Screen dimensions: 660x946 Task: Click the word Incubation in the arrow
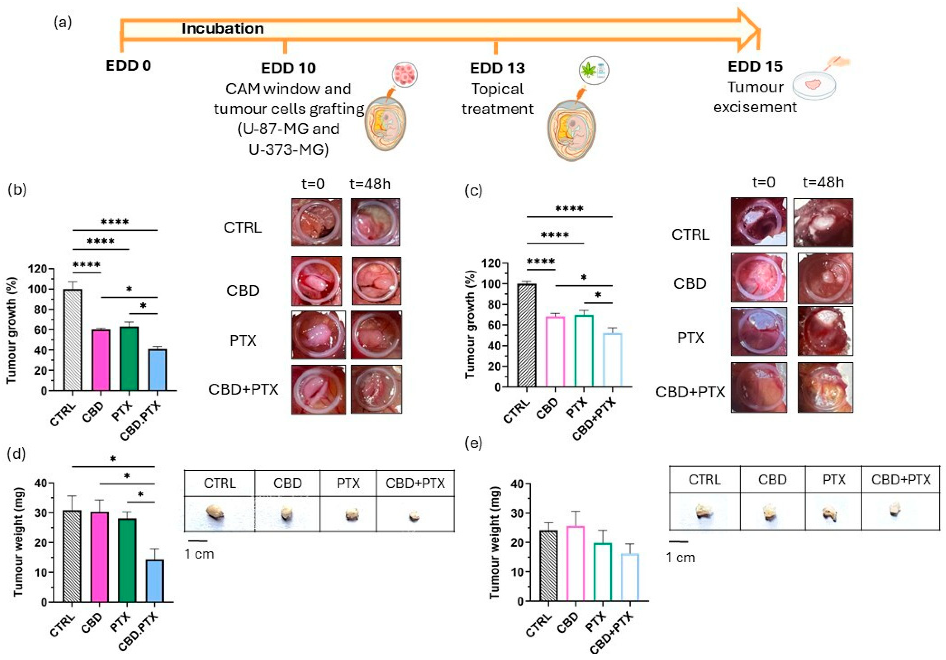point(222,28)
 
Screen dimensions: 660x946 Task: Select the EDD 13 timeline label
point(497,68)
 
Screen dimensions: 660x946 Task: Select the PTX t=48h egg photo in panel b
point(376,334)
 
